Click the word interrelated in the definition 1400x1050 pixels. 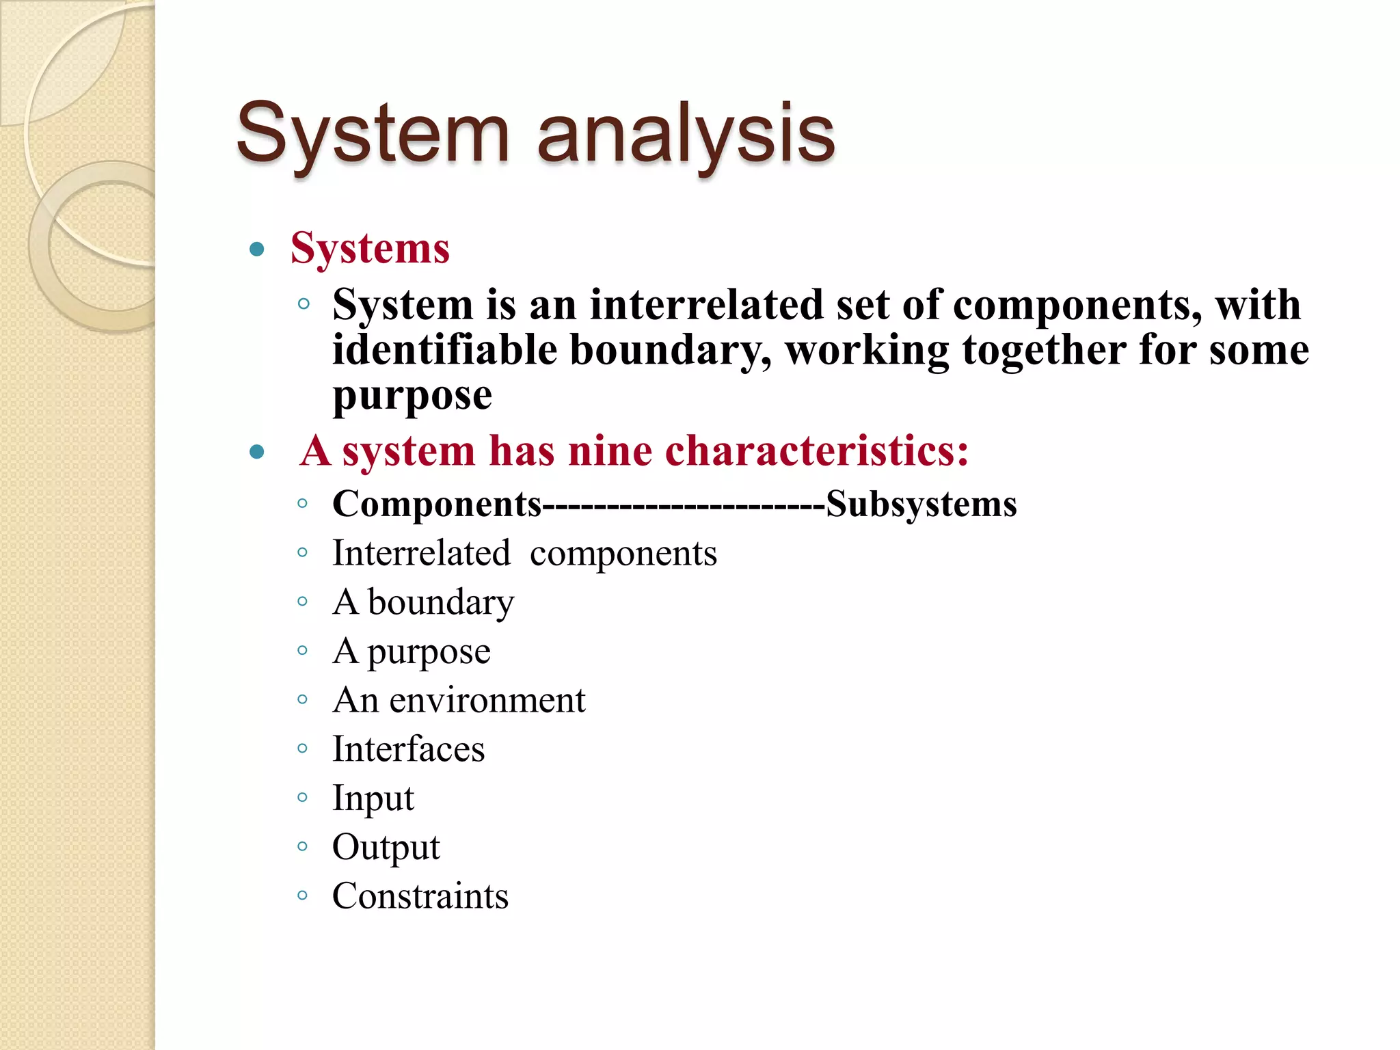coord(706,304)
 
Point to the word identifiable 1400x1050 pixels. coord(444,350)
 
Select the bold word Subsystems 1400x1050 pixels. coord(921,504)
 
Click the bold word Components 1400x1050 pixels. coord(437,504)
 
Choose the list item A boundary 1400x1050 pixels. coord(423,602)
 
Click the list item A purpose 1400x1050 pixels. coord(412,651)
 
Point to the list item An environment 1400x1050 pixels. coord(459,700)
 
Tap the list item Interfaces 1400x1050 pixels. coord(408,749)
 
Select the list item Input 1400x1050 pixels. coord(373,798)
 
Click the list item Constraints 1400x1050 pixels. coord(420,896)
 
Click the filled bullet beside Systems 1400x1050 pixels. coord(257,249)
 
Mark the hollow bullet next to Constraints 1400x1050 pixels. coord(303,896)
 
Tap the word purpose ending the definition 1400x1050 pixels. coord(412,396)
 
